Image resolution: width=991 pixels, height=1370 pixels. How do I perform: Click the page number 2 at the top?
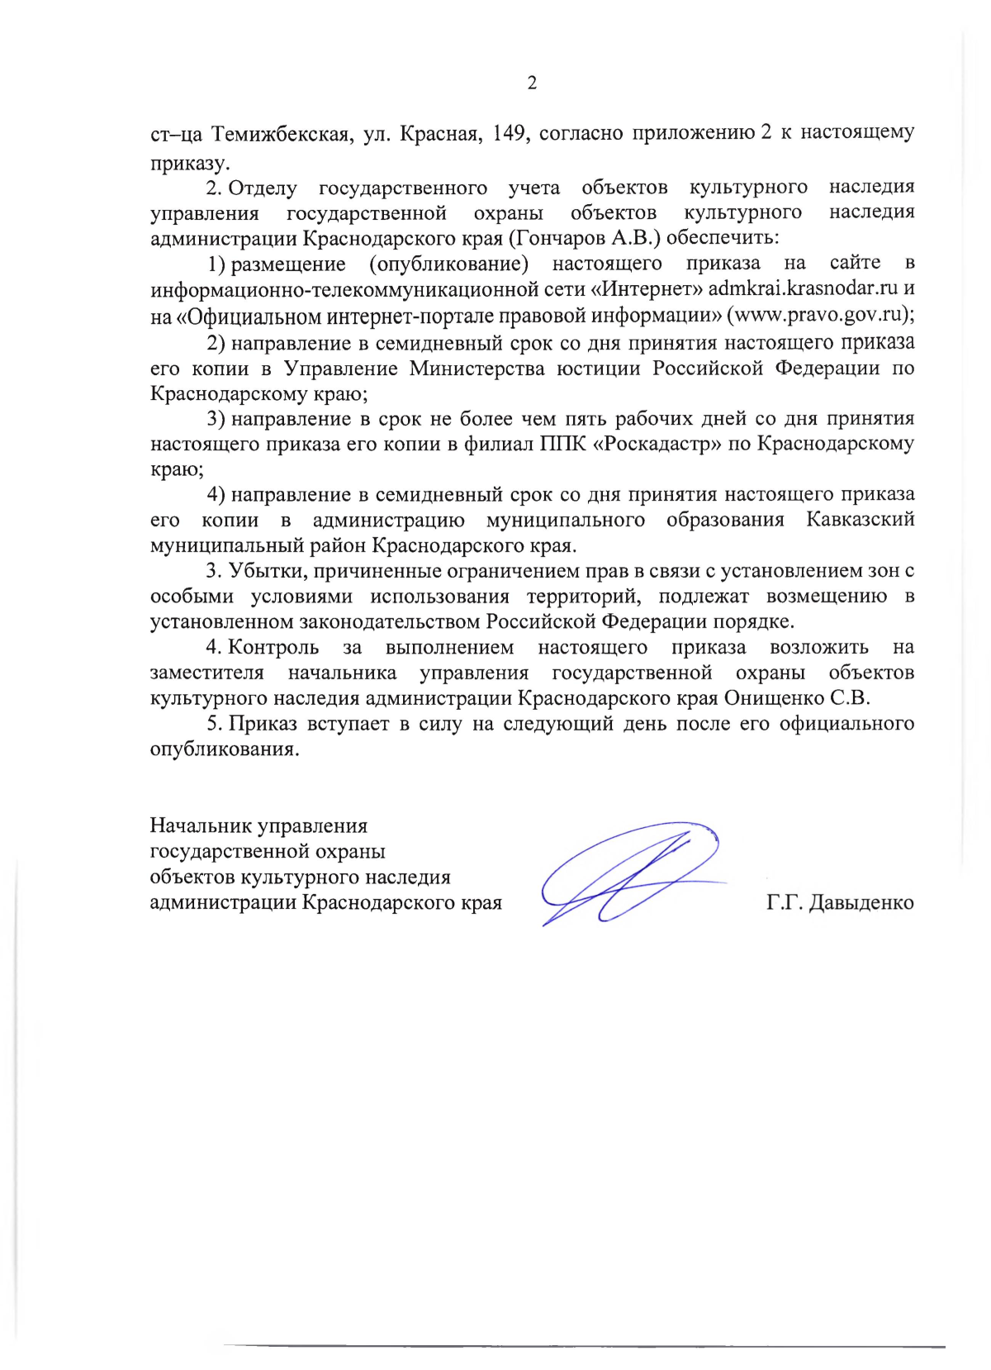click(x=532, y=83)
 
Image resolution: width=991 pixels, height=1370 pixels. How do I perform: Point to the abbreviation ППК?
click(x=562, y=444)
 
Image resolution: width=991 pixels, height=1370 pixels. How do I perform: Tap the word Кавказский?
click(x=860, y=520)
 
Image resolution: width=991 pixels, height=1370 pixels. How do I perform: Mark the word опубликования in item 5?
click(x=224, y=749)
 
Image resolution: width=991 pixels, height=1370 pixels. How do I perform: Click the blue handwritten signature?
click(x=628, y=873)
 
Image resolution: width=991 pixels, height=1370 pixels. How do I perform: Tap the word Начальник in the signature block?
click(x=201, y=825)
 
